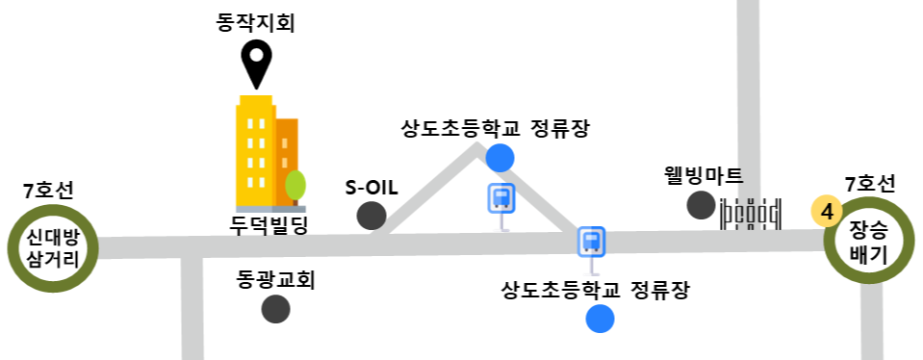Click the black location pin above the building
(x=256, y=62)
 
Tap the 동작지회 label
(x=255, y=21)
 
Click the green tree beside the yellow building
(x=295, y=186)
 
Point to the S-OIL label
(x=372, y=186)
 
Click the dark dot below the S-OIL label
(x=372, y=216)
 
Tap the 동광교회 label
(x=276, y=280)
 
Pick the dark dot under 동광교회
(x=276, y=309)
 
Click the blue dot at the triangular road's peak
(x=500, y=157)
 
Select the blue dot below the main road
(x=601, y=318)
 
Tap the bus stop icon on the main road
(x=592, y=243)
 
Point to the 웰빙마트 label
(x=704, y=176)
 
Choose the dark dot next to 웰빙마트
(x=701, y=205)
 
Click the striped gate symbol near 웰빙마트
(x=751, y=213)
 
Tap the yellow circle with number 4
(x=827, y=210)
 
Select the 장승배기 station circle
(x=868, y=243)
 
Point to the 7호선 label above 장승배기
(x=870, y=183)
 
